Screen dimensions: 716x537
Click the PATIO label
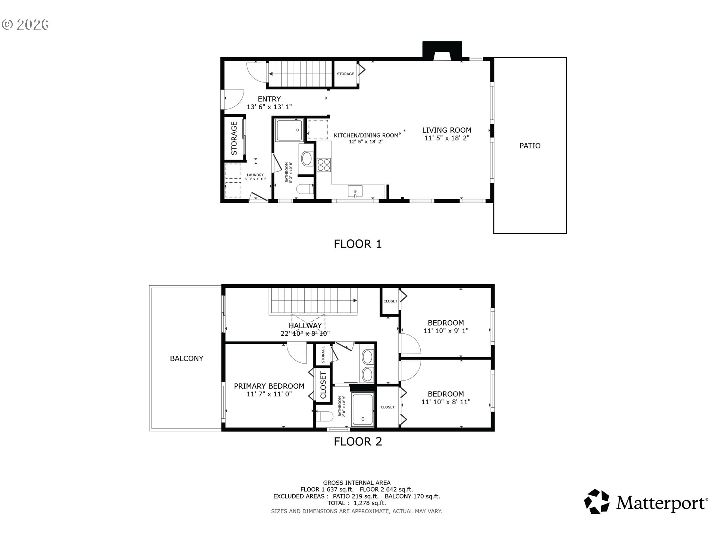tap(530, 146)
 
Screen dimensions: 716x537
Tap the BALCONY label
tap(186, 358)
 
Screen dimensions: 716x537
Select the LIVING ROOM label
tap(447, 130)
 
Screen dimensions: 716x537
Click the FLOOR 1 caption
tap(358, 244)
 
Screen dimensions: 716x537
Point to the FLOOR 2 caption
tap(358, 442)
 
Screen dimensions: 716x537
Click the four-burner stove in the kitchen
tap(323, 165)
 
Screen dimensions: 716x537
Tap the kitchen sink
tap(355, 191)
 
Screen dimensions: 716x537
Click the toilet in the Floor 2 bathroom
tap(323, 416)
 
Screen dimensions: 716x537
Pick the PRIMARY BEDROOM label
tap(269, 386)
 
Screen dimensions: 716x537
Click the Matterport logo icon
tap(597, 502)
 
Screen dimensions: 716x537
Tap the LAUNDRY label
tap(255, 175)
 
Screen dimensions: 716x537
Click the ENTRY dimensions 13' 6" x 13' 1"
tap(269, 107)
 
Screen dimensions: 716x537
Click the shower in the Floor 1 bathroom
tap(289, 130)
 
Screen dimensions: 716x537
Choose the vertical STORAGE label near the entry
tap(234, 138)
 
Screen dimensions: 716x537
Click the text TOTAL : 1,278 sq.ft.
tap(357, 503)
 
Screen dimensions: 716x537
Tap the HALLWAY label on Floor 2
tap(305, 326)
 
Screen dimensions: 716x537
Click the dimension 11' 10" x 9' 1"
tap(446, 331)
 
